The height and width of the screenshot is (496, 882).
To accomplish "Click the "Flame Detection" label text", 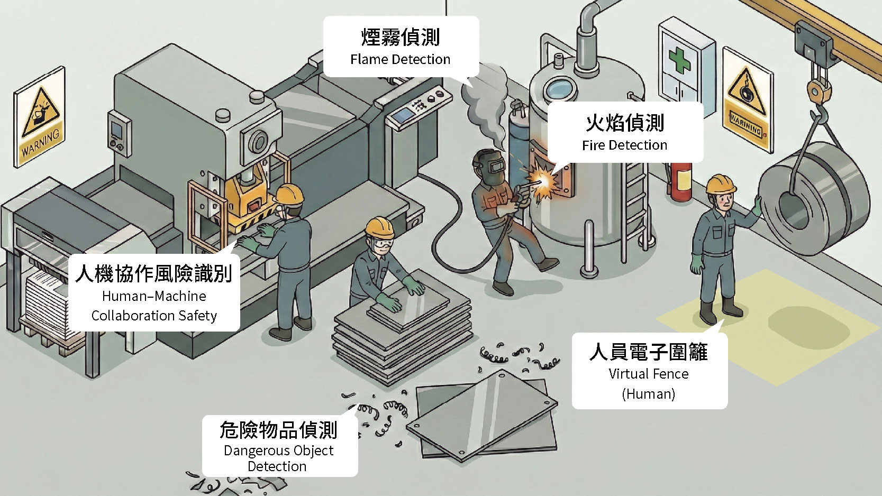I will (400, 59).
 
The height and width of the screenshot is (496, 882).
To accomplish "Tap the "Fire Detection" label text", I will (624, 145).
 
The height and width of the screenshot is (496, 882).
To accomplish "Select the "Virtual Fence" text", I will (648, 374).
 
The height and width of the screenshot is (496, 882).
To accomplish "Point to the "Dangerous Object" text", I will (278, 451).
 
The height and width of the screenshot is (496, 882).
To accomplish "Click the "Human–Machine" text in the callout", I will (154, 296).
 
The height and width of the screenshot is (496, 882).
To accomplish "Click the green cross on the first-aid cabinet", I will (679, 59).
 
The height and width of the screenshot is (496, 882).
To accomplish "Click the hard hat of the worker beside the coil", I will (721, 183).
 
